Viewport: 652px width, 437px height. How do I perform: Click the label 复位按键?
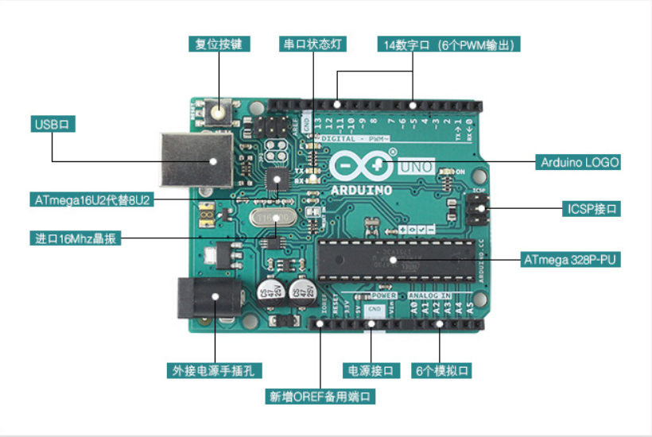(218, 44)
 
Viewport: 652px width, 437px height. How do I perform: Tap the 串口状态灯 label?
(312, 44)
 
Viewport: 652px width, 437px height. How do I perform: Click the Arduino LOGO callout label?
(579, 162)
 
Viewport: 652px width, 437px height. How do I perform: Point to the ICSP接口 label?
(592, 209)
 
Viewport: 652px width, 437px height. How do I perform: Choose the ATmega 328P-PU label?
(571, 260)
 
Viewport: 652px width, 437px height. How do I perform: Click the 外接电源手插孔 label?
(215, 371)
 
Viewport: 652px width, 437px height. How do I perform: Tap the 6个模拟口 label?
(442, 371)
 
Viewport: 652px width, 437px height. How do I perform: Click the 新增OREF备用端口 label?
(320, 396)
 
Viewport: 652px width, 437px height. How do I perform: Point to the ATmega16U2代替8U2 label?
(91, 199)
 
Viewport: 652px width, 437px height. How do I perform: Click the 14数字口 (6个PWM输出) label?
(449, 44)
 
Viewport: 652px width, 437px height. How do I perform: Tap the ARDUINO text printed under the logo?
(361, 191)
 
